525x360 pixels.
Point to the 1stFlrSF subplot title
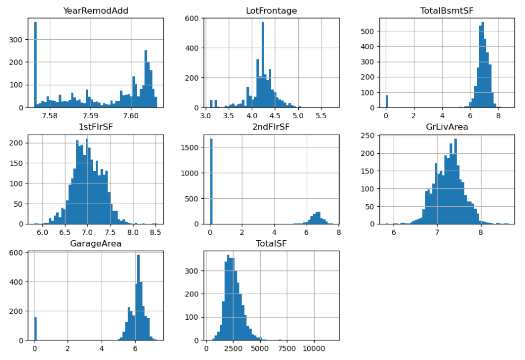(x=95, y=127)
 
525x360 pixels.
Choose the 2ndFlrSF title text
(x=271, y=127)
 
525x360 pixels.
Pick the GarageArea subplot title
(x=95, y=243)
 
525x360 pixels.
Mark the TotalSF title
(x=271, y=243)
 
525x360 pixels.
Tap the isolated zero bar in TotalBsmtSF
(x=387, y=102)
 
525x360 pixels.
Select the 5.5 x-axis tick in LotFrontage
(x=321, y=115)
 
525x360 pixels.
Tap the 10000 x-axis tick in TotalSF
(x=314, y=348)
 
